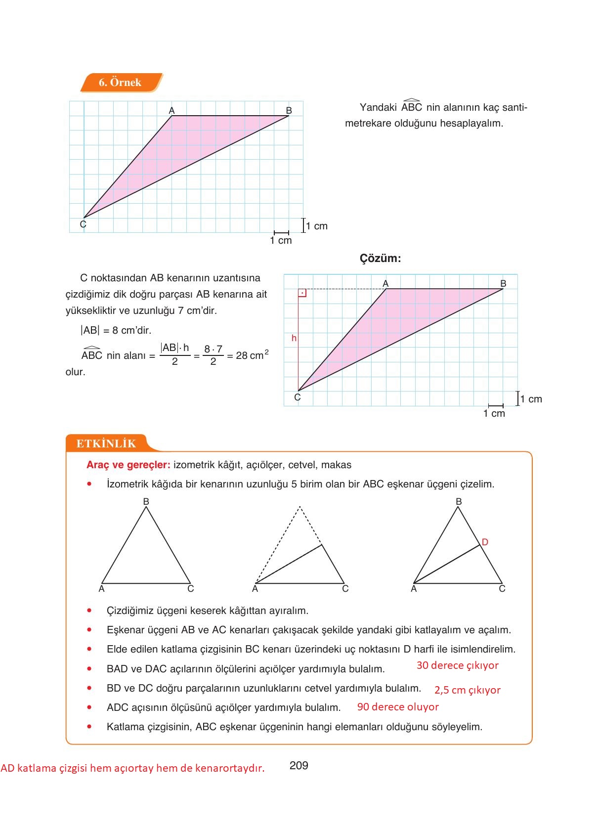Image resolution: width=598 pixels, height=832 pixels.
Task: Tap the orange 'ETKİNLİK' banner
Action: coord(106,443)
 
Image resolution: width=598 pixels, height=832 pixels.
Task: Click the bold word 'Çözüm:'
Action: coord(380,258)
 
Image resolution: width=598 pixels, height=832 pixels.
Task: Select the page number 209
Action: coord(299,765)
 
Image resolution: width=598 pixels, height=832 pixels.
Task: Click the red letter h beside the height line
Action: coord(294,338)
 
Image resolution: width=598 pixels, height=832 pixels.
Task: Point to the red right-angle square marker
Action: coord(302,293)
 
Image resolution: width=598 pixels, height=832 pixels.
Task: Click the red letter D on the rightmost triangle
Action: coord(485,542)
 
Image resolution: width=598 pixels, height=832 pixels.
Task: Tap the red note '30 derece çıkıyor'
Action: coord(457,665)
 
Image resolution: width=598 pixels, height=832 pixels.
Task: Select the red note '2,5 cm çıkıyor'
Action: coord(467,690)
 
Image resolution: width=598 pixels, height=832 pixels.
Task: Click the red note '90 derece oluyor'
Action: coord(398,707)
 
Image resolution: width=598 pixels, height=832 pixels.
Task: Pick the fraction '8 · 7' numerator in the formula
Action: coord(213,349)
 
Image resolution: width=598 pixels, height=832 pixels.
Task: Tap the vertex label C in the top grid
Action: coord(83,224)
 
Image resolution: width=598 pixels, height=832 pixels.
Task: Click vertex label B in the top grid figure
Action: coord(289,110)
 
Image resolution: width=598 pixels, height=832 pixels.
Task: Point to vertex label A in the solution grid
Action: coord(385,283)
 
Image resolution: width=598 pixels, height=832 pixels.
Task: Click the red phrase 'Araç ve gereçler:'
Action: coord(128,465)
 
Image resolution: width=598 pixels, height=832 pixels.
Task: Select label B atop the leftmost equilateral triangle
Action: coord(146,501)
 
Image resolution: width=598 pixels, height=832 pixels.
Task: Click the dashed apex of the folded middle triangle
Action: coord(299,507)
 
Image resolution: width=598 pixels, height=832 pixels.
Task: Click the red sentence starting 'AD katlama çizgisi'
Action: coord(132,768)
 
